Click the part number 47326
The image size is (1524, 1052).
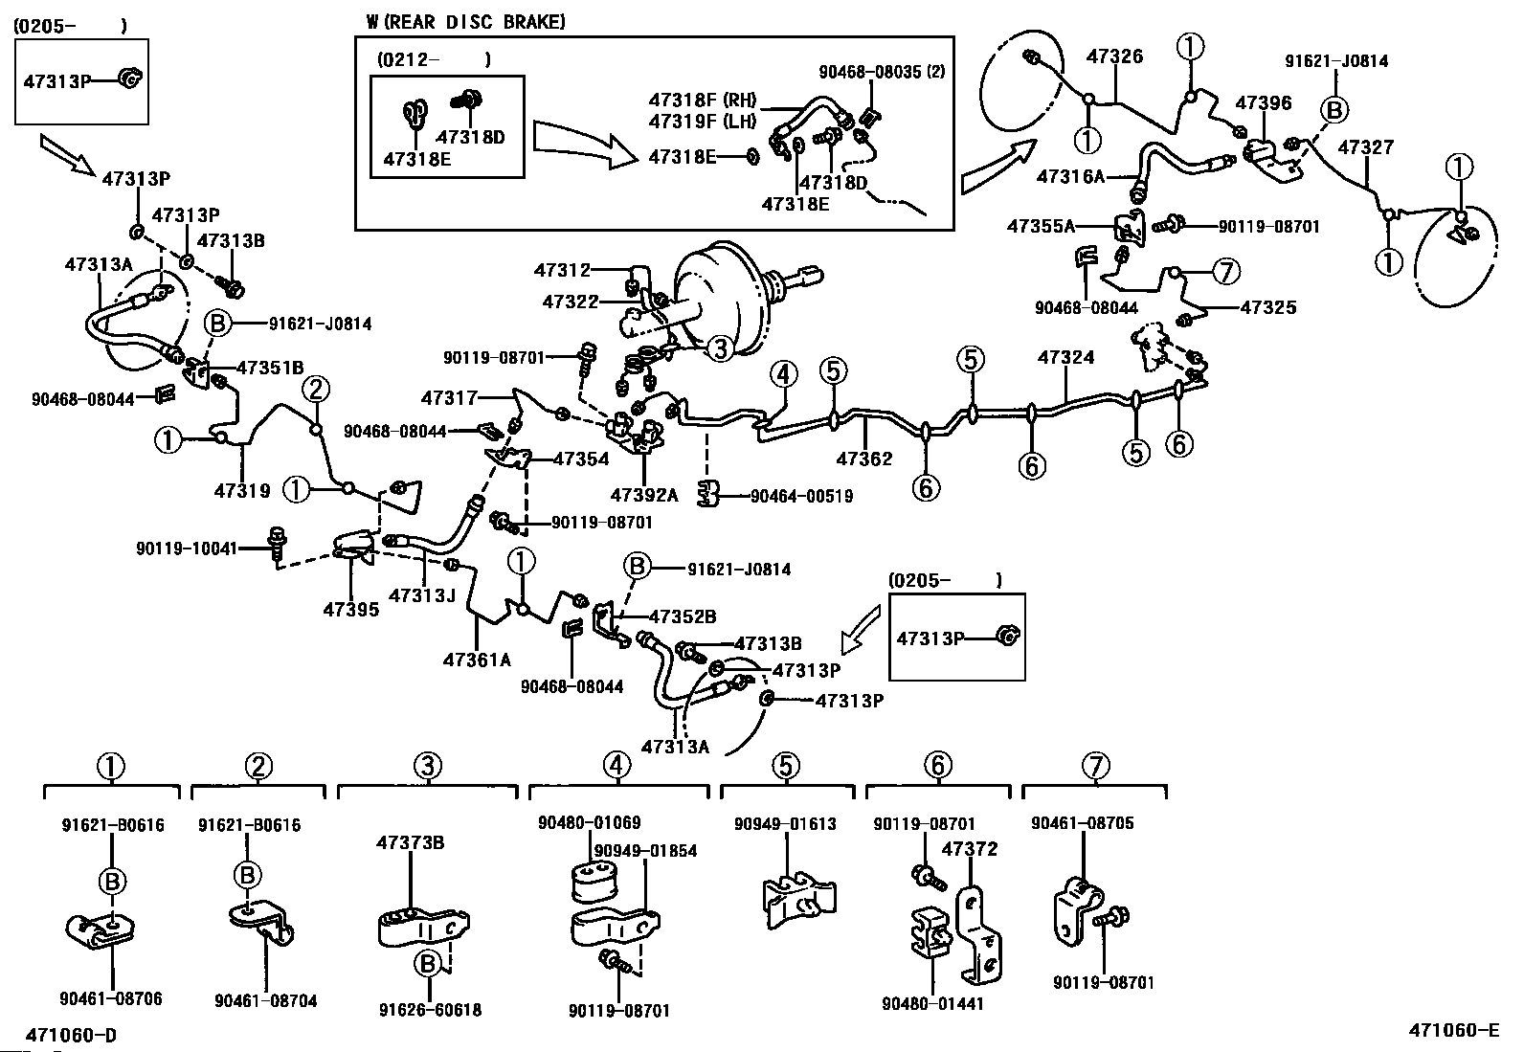(1114, 56)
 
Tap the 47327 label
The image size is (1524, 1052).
(1365, 147)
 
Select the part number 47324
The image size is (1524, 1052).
(1065, 357)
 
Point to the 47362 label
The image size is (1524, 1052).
(864, 459)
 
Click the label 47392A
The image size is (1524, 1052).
(644, 495)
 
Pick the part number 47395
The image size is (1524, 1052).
(351, 609)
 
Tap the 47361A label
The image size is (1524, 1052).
(477, 660)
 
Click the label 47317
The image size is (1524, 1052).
(449, 397)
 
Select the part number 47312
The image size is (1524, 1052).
(562, 270)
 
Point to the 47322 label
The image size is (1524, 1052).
(571, 302)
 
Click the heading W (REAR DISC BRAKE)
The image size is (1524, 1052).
(465, 22)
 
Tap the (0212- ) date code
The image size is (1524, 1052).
(434, 60)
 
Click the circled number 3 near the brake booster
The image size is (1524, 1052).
(720, 348)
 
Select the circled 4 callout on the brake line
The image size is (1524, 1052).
(783, 374)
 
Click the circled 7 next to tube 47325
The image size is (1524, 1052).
(1226, 272)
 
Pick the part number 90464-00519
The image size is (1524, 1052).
(801, 496)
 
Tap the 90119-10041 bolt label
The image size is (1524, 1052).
(187, 548)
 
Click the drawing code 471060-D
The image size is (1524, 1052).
(72, 1035)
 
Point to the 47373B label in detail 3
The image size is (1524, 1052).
(411, 843)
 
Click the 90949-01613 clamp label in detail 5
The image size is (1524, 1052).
(785, 824)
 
